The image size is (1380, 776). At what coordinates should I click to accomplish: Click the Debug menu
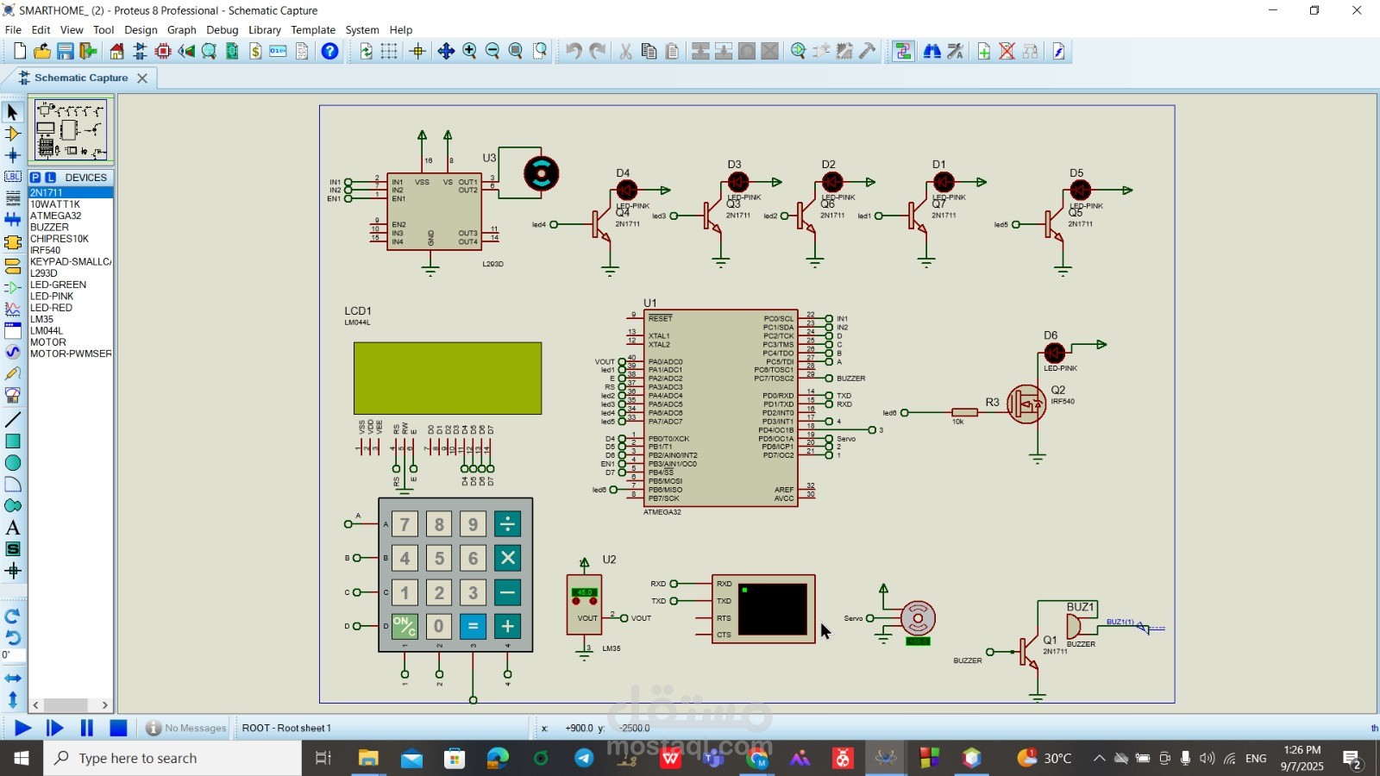pos(222,29)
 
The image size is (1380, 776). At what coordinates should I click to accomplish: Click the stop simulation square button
pos(119,729)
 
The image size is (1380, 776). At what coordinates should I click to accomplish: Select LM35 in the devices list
pos(42,319)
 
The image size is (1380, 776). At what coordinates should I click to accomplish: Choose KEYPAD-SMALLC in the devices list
pos(70,261)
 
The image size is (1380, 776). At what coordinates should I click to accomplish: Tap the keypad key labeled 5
pos(439,558)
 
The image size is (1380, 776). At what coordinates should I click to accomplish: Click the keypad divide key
pos(507,523)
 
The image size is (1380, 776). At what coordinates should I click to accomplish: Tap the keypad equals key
pos(473,626)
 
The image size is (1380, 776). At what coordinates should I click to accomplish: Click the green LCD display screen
pos(447,378)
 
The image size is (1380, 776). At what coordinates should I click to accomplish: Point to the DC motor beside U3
pos(541,173)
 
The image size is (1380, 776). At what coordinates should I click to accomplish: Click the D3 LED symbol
pos(737,182)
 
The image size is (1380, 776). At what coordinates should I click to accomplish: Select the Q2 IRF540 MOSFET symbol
pos(1026,404)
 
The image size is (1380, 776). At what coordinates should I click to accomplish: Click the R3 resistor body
pos(964,412)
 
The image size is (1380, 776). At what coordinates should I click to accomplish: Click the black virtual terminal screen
pos(773,609)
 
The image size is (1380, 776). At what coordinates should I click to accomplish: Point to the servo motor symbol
pos(918,617)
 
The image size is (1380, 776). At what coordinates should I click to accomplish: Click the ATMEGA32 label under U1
pos(662,512)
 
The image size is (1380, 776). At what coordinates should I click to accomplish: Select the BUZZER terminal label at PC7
pos(850,379)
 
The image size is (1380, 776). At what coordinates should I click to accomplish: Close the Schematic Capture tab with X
pos(142,78)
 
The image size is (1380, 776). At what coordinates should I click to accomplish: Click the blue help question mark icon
pos(329,52)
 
